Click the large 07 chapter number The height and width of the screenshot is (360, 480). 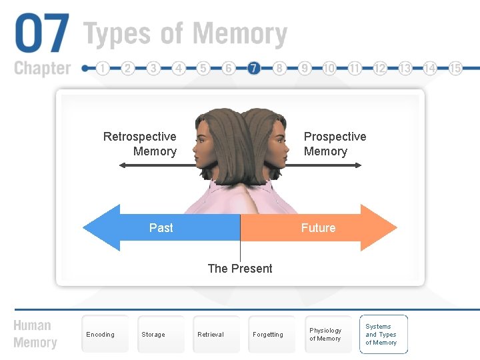click(41, 34)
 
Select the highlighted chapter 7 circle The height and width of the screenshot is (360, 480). click(253, 68)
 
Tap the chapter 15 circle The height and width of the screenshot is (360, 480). click(456, 68)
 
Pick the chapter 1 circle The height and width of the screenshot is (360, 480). click(102, 68)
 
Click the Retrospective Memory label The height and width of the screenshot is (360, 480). click(141, 144)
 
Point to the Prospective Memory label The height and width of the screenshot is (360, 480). click(335, 144)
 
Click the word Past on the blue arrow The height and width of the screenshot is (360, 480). click(161, 228)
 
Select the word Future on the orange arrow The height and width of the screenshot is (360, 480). click(318, 228)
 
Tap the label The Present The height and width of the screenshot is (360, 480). click(240, 269)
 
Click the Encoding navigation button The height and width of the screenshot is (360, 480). click(101, 335)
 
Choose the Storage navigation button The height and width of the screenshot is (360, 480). click(153, 335)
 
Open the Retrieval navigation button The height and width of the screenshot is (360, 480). click(211, 335)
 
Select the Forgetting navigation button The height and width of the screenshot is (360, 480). click(268, 335)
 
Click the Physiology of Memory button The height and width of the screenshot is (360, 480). click(325, 335)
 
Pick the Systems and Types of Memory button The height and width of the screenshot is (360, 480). click(382, 335)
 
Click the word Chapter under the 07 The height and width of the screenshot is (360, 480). click(42, 68)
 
